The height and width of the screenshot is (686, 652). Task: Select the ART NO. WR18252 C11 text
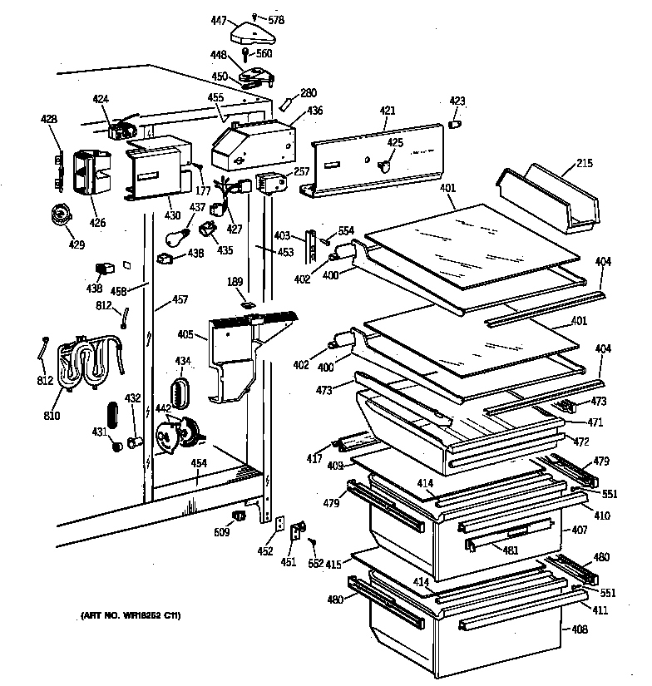(x=131, y=615)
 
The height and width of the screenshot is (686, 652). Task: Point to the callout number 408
(x=580, y=629)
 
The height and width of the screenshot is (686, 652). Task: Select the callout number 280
(x=309, y=92)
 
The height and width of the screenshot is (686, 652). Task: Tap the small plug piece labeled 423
(x=455, y=125)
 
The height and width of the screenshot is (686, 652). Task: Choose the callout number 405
(x=185, y=335)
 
